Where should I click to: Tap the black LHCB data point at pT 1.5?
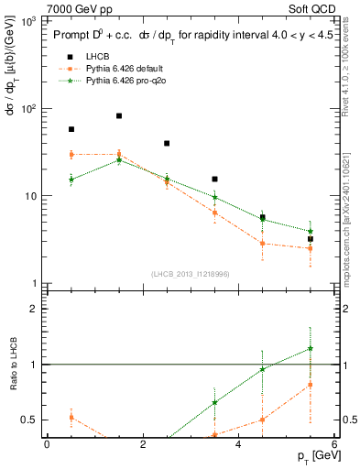[x=119, y=115]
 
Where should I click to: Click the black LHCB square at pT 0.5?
[x=71, y=129]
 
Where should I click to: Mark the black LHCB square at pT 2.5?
[x=167, y=143]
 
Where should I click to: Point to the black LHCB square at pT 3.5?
[x=214, y=179]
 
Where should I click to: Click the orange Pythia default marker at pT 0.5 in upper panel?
[x=71, y=155]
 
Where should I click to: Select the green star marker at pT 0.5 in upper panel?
[x=71, y=179]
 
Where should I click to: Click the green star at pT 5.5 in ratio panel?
[x=311, y=348]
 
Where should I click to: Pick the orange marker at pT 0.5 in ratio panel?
[x=71, y=417]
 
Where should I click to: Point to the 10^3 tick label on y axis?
[x=28, y=20]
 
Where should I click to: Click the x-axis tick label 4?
[x=238, y=444]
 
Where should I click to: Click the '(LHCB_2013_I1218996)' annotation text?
[x=191, y=274]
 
